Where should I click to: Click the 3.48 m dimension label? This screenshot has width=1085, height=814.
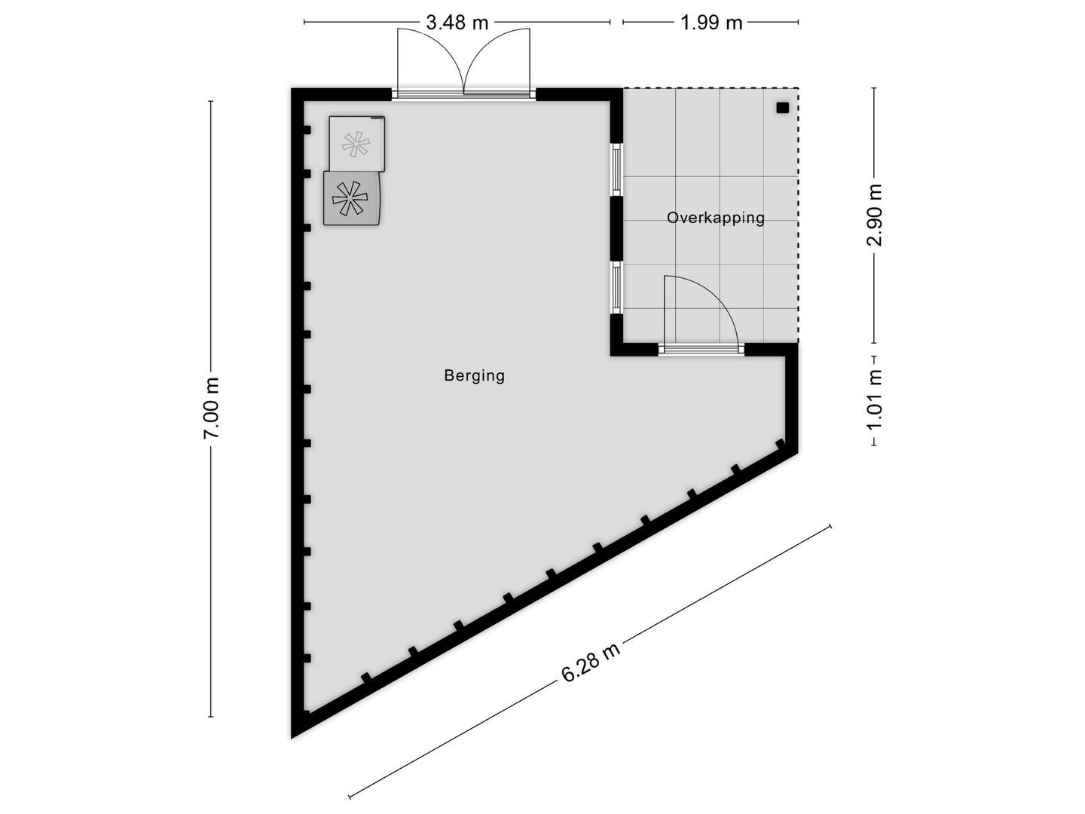[x=457, y=23]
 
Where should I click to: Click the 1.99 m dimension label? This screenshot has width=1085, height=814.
[x=711, y=23]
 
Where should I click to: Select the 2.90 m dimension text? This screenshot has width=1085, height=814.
[x=874, y=215]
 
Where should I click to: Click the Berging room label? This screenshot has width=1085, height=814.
[x=474, y=375]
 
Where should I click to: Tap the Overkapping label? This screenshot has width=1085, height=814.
[x=715, y=218]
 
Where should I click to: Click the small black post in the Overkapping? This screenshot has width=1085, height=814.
[x=782, y=108]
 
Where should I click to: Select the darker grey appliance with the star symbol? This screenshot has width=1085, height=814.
[x=352, y=197]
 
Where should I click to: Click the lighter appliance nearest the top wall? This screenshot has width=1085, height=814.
[x=356, y=142]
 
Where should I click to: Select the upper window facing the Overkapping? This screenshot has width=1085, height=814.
[x=616, y=169]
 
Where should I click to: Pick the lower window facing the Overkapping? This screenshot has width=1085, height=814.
[x=616, y=287]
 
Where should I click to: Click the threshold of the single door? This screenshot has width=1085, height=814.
[x=701, y=349]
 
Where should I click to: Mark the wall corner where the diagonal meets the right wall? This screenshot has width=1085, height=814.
[x=794, y=450]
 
